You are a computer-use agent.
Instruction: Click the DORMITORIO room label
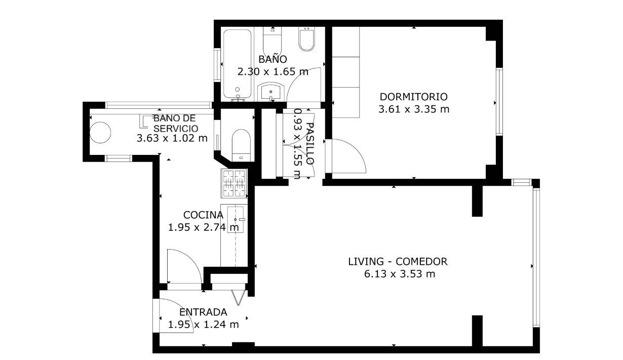[x=414, y=97]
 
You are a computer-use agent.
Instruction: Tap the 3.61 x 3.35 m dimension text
[x=414, y=109]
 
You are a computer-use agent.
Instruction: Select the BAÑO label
[x=272, y=59]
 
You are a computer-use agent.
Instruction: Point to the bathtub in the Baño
[x=237, y=64]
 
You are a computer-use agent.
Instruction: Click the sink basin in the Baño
[x=270, y=92]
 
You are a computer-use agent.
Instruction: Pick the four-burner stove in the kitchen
[x=234, y=183]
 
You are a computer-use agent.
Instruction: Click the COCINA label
[x=203, y=215]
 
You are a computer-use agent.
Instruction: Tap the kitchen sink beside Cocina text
[x=236, y=219]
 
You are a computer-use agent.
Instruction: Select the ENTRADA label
[x=203, y=312]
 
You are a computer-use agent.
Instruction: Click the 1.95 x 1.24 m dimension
[x=203, y=325]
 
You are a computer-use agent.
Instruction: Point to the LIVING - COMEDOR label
[x=398, y=262]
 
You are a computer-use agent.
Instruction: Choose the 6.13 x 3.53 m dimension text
[x=400, y=274]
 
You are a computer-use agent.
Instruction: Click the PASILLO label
[x=309, y=143]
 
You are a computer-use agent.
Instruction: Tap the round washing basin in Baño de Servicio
[x=100, y=132]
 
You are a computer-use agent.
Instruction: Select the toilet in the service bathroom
[x=241, y=145]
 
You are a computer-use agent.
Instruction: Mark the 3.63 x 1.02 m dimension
[x=172, y=138]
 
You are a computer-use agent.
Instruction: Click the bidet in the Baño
[x=307, y=39]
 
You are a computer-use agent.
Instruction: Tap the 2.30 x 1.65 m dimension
[x=273, y=72]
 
